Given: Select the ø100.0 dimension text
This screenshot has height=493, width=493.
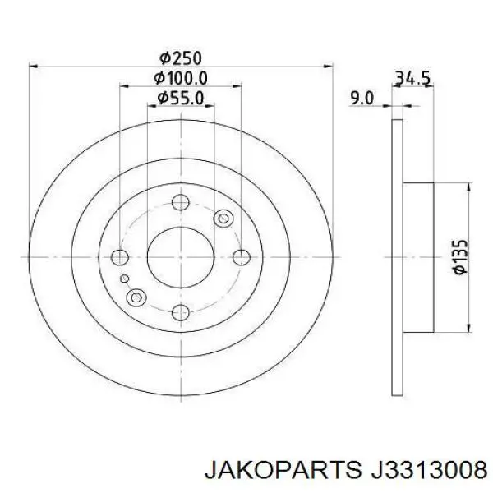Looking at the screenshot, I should (x=180, y=78).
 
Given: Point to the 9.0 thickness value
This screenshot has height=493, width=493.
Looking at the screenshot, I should (x=362, y=99).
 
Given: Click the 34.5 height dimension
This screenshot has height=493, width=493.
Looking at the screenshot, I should (x=414, y=79).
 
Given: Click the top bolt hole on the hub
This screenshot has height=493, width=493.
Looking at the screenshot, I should (x=181, y=203).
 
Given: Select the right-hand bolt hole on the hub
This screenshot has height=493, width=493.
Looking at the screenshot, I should (x=241, y=257).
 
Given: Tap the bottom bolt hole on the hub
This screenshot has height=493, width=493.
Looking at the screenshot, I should (x=181, y=311).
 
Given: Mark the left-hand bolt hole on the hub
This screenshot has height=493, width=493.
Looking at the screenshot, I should (x=120, y=257).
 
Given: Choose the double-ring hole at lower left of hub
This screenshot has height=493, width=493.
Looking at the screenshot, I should (x=137, y=297).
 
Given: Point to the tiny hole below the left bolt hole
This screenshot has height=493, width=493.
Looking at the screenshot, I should (x=125, y=279).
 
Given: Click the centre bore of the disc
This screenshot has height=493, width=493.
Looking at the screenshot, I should (x=181, y=257).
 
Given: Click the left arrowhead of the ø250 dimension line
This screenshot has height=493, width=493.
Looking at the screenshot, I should (x=35, y=66).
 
